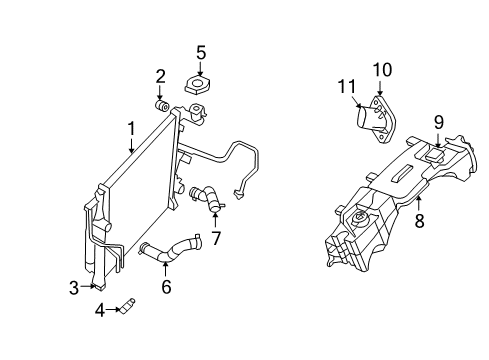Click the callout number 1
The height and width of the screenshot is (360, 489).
[131, 129]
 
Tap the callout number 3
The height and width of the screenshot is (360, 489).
[74, 288]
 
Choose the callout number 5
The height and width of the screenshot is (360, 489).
[201, 52]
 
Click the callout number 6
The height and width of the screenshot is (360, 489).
[166, 287]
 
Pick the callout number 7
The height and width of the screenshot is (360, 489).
[215, 238]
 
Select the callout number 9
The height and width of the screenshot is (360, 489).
[438, 123]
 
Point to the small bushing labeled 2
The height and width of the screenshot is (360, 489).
[161, 104]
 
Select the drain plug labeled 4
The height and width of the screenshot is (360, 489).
[128, 308]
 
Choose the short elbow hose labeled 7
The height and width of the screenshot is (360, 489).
[206, 198]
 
